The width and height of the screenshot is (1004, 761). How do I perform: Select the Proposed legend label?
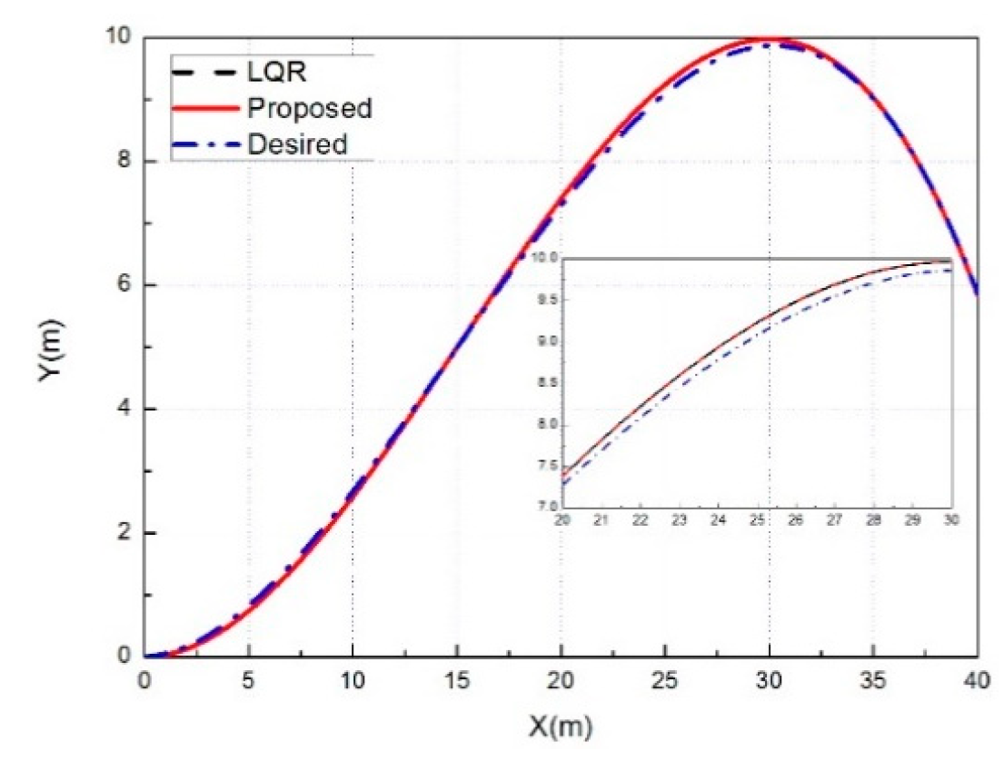click(309, 107)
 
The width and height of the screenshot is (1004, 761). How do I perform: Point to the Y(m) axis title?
click(51, 348)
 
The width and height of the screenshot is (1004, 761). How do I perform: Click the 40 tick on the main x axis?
click(977, 679)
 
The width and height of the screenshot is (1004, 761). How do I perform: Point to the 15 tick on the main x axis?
click(457, 679)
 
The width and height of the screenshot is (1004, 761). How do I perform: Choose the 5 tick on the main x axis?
click(249, 679)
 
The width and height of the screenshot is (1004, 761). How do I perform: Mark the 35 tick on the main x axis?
click(873, 679)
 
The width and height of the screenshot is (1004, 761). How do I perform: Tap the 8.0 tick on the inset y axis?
click(546, 424)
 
